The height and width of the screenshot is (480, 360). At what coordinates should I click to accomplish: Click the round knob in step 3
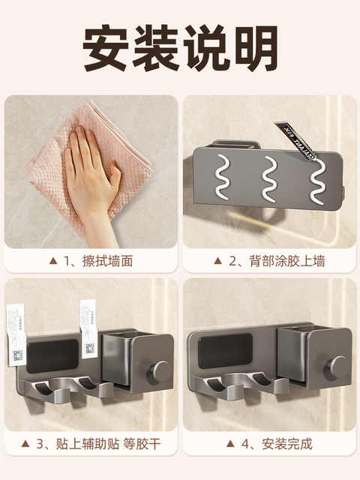pos(160,370)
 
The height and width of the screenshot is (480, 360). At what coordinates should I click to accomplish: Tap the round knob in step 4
pos(339,367)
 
